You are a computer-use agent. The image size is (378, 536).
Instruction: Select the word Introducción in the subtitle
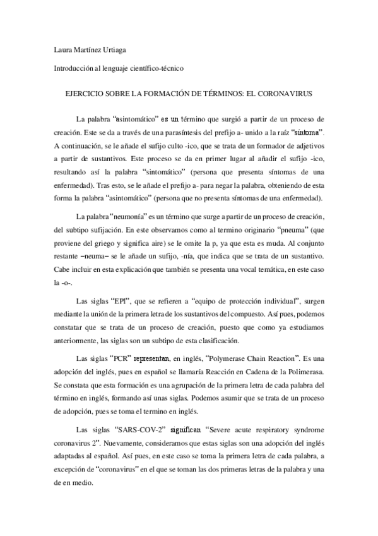click(71, 68)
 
